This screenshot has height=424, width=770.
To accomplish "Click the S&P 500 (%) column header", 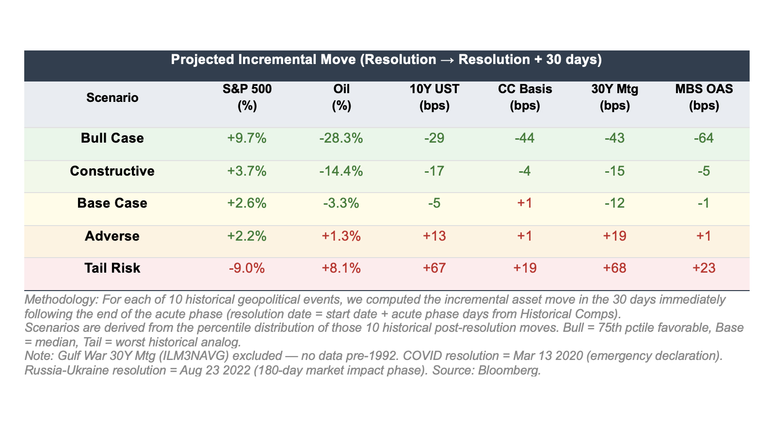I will (247, 98).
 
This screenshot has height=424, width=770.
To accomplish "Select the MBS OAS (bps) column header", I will (704, 98).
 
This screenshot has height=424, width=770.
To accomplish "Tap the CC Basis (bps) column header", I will (525, 98).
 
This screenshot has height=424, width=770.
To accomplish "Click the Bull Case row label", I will (112, 138).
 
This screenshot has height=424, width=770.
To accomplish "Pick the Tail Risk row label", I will (112, 268).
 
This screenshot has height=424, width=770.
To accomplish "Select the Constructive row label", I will (112, 171).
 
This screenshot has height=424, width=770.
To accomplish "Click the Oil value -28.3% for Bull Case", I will (341, 138).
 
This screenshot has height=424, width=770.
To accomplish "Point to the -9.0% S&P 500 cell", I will (247, 268).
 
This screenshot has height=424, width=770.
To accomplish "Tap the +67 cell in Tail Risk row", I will (434, 268).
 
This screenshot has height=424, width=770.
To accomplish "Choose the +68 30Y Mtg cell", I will (614, 268).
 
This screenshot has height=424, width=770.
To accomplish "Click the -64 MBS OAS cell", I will (704, 138).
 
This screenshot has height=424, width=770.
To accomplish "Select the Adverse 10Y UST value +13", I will (434, 236).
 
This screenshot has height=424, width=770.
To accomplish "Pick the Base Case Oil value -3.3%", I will (341, 203).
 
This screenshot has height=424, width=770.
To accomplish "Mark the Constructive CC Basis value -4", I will (525, 171).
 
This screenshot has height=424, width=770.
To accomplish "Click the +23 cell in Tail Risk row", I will (704, 268).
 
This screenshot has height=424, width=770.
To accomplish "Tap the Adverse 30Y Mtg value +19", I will (614, 236).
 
